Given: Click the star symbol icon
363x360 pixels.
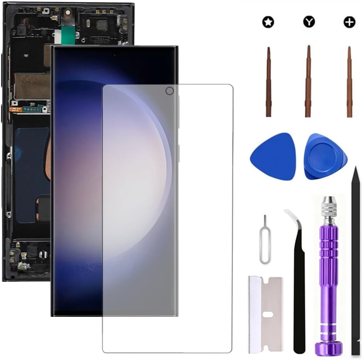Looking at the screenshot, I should pyautogui.click(x=268, y=22).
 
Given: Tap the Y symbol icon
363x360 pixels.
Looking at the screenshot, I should pyautogui.click(x=308, y=22).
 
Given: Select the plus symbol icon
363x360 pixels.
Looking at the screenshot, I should pyautogui.click(x=349, y=22).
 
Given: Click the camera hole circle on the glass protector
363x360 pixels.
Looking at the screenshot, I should pyautogui.click(x=169, y=91).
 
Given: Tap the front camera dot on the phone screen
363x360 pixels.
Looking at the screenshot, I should pyautogui.click(x=114, y=56).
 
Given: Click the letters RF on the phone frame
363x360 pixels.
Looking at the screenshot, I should pyautogui.click(x=26, y=56).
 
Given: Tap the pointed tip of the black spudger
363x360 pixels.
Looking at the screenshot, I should pyautogui.click(x=356, y=170).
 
